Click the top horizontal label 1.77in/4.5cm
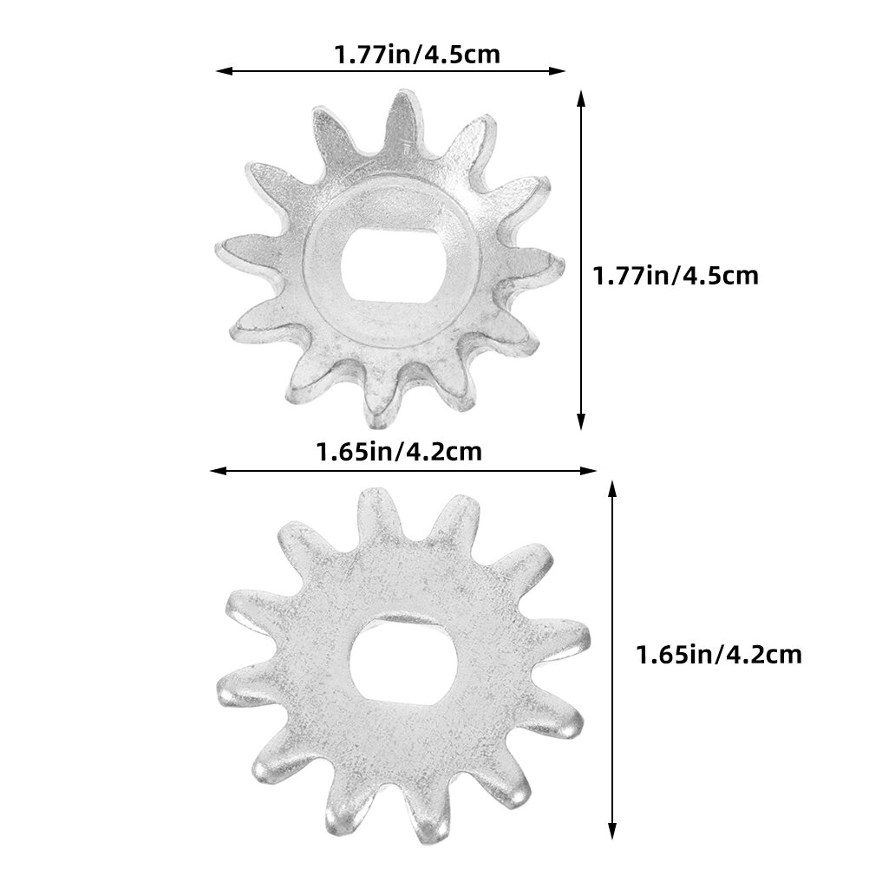[x=417, y=55]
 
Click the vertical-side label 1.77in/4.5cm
[x=676, y=276]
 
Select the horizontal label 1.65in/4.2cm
[x=399, y=452]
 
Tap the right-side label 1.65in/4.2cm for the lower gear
[x=719, y=655]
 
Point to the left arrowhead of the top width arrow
[x=223, y=71]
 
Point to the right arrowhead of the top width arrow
[x=559, y=71]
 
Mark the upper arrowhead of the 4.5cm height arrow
[x=581, y=98]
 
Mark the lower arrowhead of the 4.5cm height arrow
[x=581, y=421]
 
